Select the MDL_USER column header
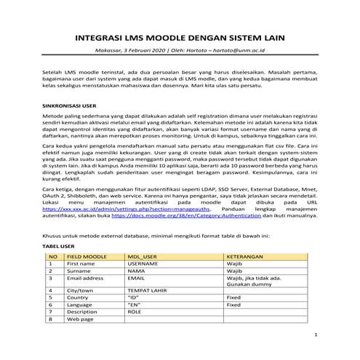(x=143, y=255)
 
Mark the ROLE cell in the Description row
(x=135, y=311)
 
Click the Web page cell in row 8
(x=81, y=319)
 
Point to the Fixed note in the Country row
(x=234, y=297)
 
